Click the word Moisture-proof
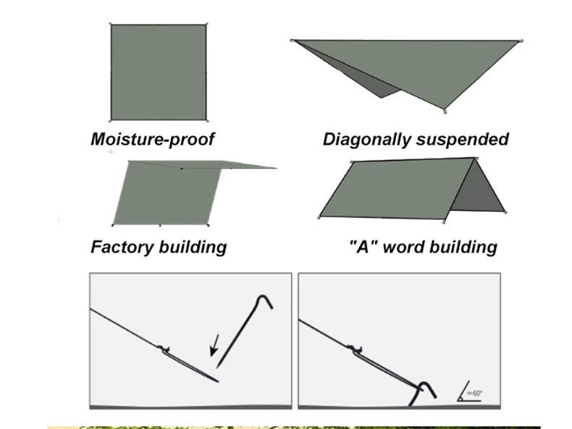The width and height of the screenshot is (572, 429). pyautogui.click(x=152, y=139)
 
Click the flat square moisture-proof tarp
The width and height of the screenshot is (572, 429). pyautogui.click(x=159, y=72)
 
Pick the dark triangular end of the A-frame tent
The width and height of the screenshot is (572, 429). pyautogui.click(x=477, y=189)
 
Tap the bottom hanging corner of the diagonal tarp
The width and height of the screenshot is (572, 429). pyautogui.click(x=445, y=111)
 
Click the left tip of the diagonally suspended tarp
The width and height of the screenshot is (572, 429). pyautogui.click(x=293, y=41)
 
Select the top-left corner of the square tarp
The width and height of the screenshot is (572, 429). pyautogui.click(x=112, y=25)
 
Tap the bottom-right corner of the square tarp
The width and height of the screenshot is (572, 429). pyautogui.click(x=206, y=119)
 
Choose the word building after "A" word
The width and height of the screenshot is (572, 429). pyautogui.click(x=460, y=247)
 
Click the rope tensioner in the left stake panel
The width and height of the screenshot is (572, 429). pyautogui.click(x=166, y=349)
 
